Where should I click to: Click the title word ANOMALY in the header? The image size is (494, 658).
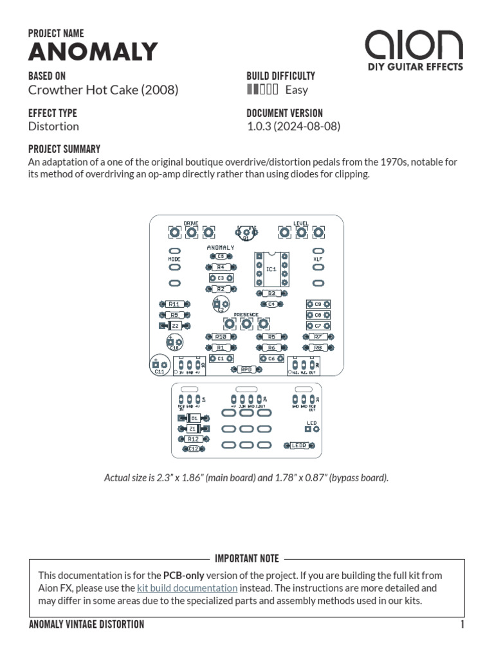93,52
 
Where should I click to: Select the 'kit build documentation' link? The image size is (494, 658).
187,588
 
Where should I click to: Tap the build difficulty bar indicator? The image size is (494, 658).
262,90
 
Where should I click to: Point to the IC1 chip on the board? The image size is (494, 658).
271,269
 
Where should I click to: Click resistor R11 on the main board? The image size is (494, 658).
174,304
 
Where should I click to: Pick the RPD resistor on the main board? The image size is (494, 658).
246,369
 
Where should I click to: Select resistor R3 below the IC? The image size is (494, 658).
271,293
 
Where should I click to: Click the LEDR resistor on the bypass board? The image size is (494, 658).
298,445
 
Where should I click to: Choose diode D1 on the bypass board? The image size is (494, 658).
194,418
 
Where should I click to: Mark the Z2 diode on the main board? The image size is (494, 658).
174,326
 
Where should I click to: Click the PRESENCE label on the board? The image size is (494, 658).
246,315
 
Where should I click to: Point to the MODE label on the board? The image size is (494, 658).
174,259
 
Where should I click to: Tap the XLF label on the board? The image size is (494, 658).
317,259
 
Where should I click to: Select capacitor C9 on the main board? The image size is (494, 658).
317,304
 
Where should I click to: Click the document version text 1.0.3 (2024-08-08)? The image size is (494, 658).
293,126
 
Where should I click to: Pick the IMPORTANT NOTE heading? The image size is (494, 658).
246,559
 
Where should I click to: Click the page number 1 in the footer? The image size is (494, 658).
462,625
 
